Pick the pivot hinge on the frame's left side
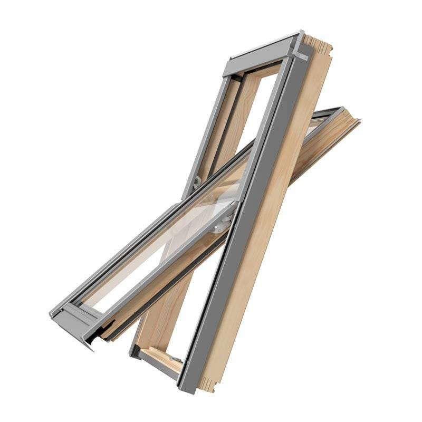pos(196,183)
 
